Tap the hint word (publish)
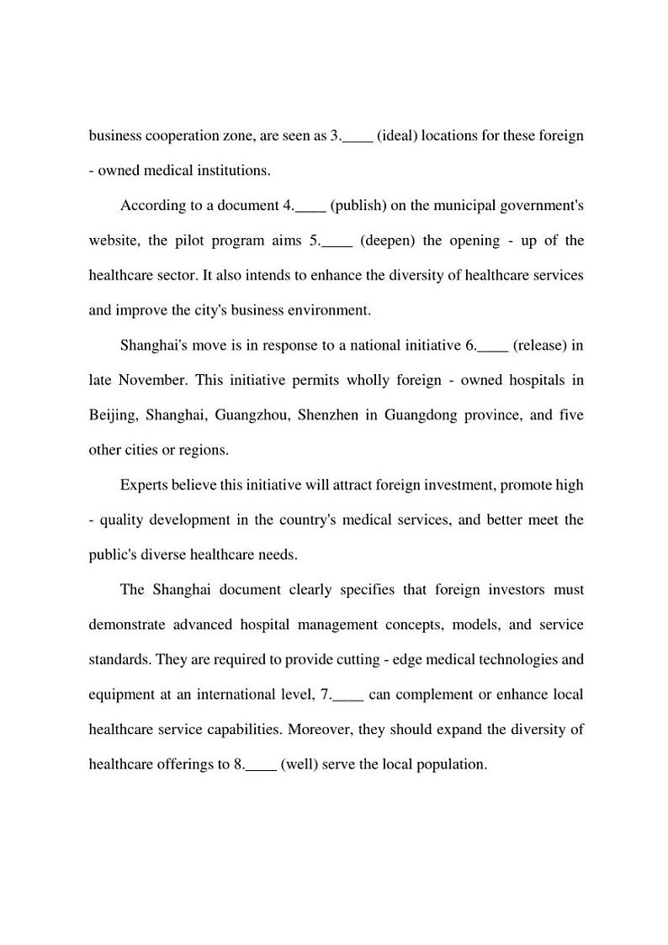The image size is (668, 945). pyautogui.click(x=358, y=206)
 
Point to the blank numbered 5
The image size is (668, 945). pyautogui.click(x=337, y=241)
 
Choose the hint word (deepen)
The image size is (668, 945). pyautogui.click(x=388, y=241)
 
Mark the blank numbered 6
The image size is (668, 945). pyautogui.click(x=493, y=346)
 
